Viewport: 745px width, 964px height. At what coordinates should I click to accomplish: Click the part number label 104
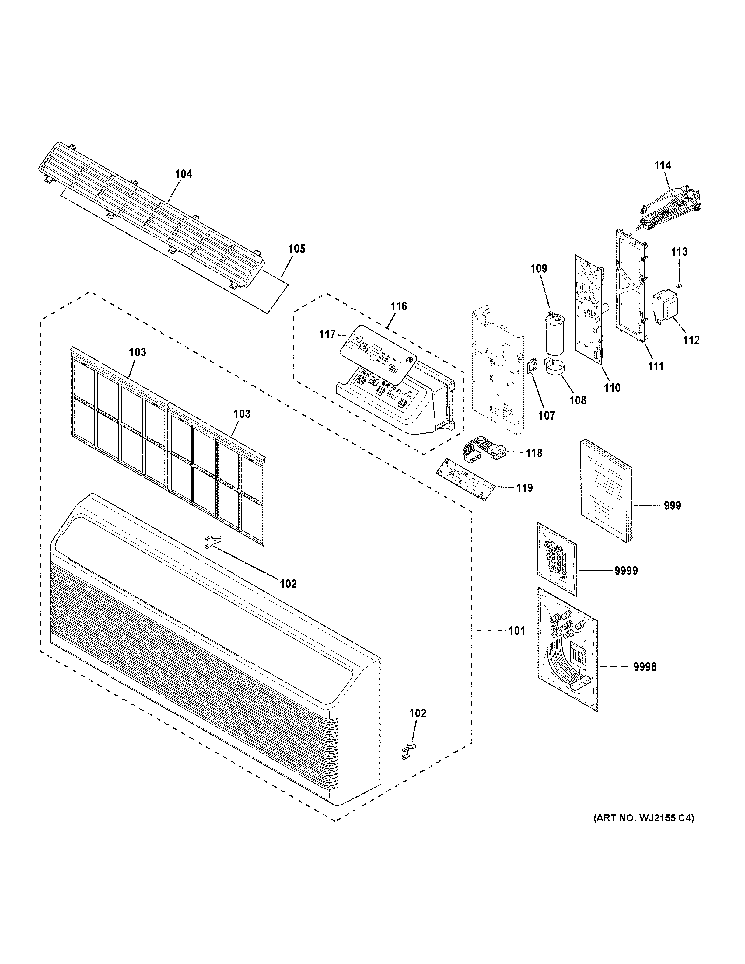pyautogui.click(x=184, y=174)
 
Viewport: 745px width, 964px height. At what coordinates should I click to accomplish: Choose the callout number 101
pyautogui.click(x=516, y=631)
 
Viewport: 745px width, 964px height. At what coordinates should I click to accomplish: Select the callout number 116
pyautogui.click(x=399, y=306)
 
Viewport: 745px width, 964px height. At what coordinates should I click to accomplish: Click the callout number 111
pyautogui.click(x=656, y=366)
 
